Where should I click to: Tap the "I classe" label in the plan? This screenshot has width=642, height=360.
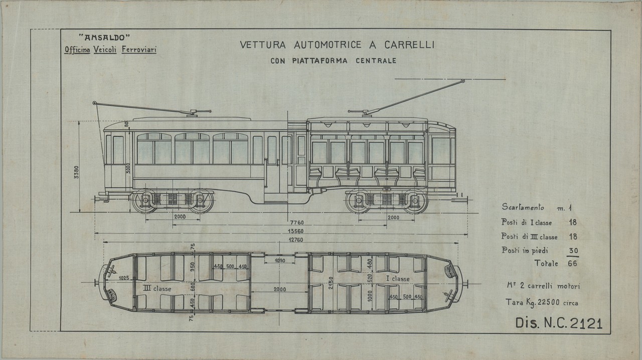pyautogui.click(x=397, y=279)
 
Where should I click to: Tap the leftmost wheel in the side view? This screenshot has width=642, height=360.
pyautogui.click(x=144, y=201)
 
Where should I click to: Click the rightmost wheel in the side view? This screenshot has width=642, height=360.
pyautogui.click(x=415, y=202)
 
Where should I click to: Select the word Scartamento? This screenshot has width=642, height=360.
pyautogui.click(x=522, y=207)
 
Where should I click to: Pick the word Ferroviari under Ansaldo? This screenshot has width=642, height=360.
pyautogui.click(x=138, y=51)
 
